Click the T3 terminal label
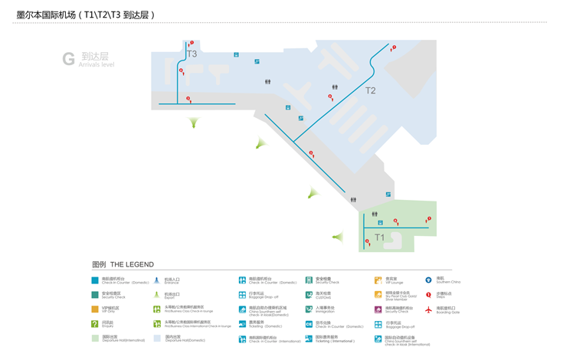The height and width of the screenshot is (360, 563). click(x=191, y=54)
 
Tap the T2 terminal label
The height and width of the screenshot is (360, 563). click(x=371, y=91)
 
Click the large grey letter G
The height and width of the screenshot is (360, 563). click(x=69, y=59)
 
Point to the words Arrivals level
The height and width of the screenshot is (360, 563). click(x=97, y=65)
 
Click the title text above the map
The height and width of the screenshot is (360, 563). click(x=86, y=15)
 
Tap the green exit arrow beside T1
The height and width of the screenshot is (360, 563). click(x=337, y=237)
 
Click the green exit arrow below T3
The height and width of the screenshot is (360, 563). click(x=194, y=123)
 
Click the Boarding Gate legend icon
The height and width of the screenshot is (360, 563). click(x=429, y=309)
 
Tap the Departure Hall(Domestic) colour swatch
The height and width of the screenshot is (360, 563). click(x=157, y=338)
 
